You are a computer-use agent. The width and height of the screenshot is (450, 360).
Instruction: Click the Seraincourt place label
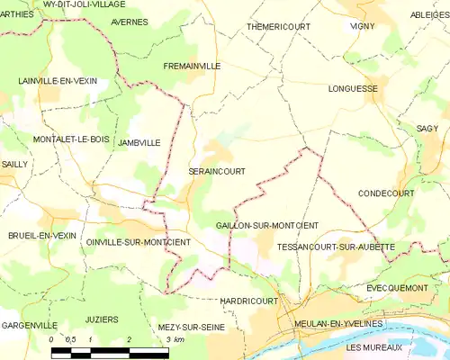click(217, 170)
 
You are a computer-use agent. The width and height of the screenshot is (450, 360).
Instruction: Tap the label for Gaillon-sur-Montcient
click(267, 224)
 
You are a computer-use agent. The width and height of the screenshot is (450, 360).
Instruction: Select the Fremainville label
click(192, 66)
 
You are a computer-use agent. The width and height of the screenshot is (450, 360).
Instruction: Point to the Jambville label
click(139, 142)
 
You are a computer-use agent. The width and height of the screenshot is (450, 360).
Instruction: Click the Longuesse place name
click(354, 89)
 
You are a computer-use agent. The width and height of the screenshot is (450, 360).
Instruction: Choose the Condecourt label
click(386, 193)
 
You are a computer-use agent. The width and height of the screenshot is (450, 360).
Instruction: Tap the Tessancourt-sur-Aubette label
click(336, 246)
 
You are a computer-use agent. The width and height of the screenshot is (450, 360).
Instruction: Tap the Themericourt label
click(278, 26)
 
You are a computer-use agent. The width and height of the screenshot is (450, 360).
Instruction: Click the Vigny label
click(362, 26)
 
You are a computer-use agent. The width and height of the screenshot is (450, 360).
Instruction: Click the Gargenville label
click(29, 324)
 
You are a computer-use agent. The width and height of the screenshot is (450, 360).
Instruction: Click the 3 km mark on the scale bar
click(169, 340)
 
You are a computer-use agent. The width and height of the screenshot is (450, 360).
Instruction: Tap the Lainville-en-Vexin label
click(58, 80)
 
